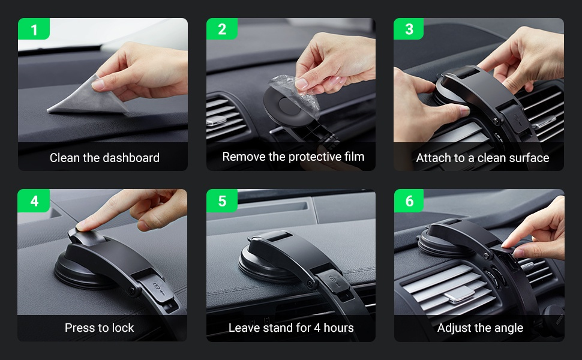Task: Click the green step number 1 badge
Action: click(34, 29)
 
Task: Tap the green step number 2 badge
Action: click(222, 29)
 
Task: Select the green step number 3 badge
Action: click(409, 29)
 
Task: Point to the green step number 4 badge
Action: click(34, 201)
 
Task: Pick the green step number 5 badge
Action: click(222, 201)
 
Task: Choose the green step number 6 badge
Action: click(409, 201)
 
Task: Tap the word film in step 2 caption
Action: click(354, 157)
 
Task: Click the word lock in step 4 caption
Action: click(123, 328)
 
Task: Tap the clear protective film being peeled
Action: click(296, 95)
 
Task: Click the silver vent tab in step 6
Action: click(460, 294)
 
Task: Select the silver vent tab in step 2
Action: click(217, 121)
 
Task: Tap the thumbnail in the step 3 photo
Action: click(464, 110)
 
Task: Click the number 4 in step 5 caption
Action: click(317, 328)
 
